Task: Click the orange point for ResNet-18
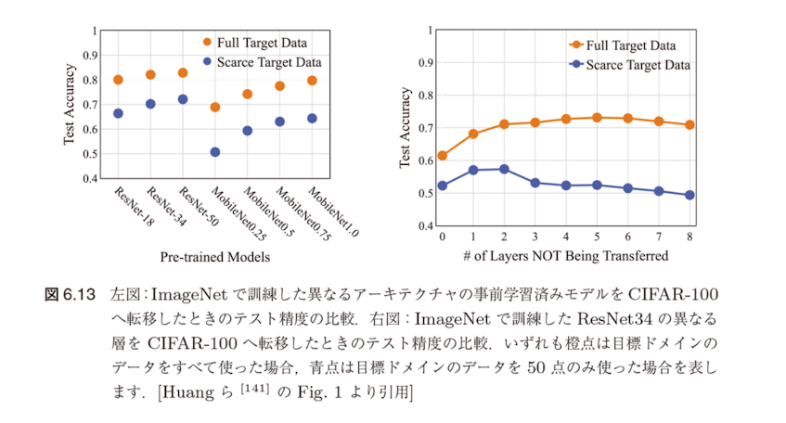click(x=118, y=80)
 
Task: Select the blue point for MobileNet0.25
click(x=215, y=152)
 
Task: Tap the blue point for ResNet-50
click(x=183, y=99)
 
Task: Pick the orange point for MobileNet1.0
click(x=312, y=81)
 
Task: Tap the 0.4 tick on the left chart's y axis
click(x=89, y=178)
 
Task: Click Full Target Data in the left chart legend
click(x=262, y=42)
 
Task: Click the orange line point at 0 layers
click(x=442, y=156)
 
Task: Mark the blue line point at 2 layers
click(x=504, y=169)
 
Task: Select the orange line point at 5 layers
click(x=597, y=118)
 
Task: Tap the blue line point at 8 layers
click(x=689, y=195)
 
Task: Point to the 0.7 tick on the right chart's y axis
click(x=429, y=128)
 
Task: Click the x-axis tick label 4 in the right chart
click(x=566, y=237)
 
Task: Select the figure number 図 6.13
click(x=71, y=296)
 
